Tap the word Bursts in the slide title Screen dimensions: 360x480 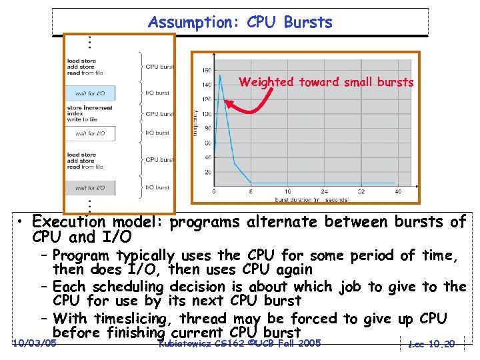tap(308, 22)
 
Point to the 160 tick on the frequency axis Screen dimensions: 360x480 tap(207, 70)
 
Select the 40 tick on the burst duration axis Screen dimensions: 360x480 tap(398, 191)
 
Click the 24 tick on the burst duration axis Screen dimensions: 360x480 tap(324, 191)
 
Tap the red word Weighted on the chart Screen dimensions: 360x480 tap(267, 83)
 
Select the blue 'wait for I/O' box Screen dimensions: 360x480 tap(90, 93)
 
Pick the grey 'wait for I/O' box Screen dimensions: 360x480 tap(90, 187)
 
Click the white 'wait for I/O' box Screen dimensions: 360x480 tap(90, 133)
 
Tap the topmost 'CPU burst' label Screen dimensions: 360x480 tap(159, 67)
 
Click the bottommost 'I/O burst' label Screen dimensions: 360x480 tap(157, 187)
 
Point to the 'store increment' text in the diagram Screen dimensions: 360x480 tap(90, 108)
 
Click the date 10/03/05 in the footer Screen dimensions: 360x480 tap(34, 343)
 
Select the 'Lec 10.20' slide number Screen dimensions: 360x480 tap(432, 344)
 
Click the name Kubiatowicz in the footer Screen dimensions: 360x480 tap(183, 343)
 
